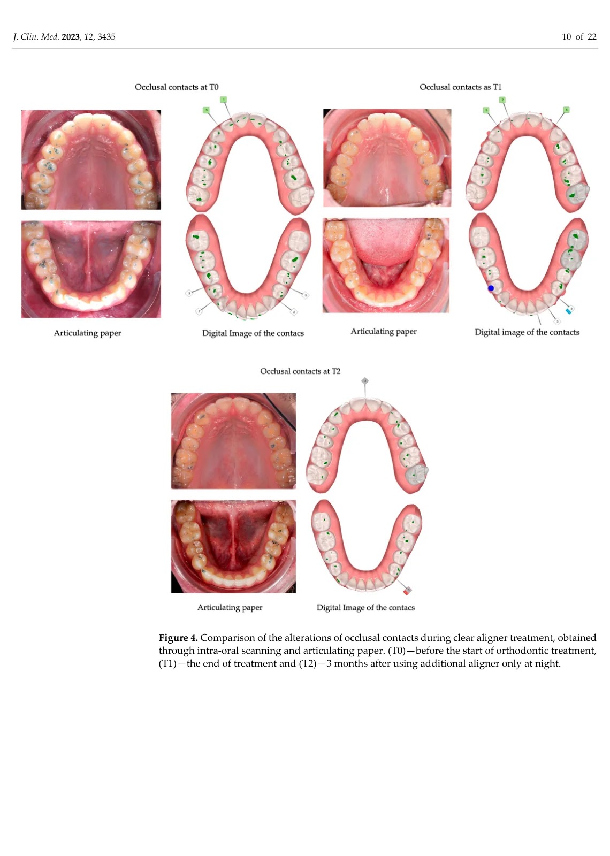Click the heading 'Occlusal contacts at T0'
click(x=177, y=87)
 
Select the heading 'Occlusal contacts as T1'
click(x=460, y=87)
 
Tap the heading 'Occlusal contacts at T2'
click(x=300, y=371)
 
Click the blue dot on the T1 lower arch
click(x=491, y=288)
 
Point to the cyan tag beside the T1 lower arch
click(x=569, y=310)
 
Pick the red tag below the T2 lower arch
click(x=407, y=592)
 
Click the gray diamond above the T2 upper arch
click(x=365, y=380)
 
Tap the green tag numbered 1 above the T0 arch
click(x=224, y=100)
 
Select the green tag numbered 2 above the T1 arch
click(x=502, y=100)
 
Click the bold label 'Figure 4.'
click(x=178, y=638)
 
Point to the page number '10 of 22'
click(x=579, y=37)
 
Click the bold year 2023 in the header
click(x=71, y=37)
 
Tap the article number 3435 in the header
click(x=106, y=37)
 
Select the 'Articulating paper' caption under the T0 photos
click(x=87, y=333)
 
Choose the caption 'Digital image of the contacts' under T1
click(x=527, y=332)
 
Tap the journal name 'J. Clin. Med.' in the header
click(x=36, y=37)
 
